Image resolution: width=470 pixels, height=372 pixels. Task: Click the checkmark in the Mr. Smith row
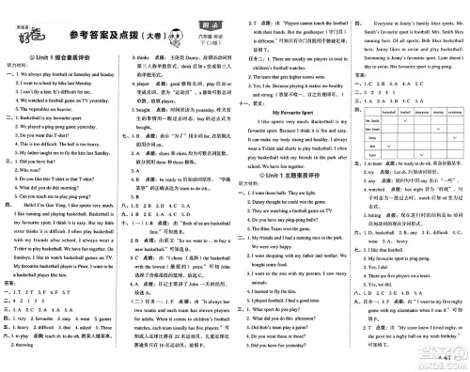point(405,120)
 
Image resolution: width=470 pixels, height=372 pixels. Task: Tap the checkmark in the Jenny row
point(454,137)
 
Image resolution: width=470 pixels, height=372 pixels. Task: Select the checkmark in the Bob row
point(389,146)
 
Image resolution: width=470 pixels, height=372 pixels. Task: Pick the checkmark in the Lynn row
point(422,154)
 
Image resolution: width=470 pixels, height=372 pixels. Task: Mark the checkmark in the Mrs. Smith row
point(438,129)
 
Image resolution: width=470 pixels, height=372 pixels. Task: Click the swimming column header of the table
point(454,112)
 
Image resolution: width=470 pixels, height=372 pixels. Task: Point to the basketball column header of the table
point(389,112)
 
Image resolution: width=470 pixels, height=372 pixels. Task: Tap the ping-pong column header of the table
point(422,112)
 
